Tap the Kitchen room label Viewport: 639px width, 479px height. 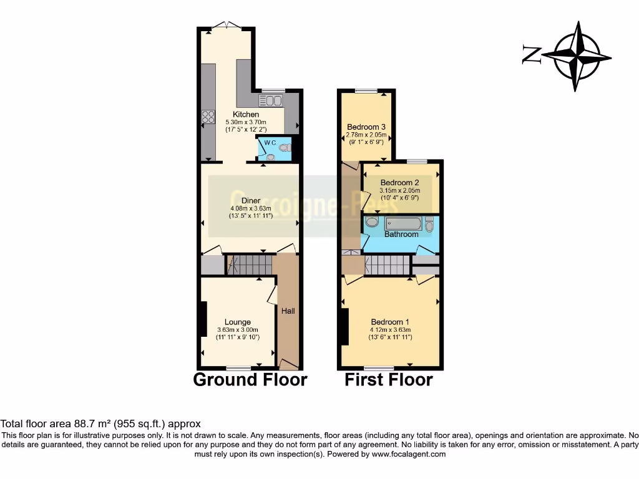click(246, 115)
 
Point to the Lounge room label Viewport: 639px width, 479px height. click(238, 322)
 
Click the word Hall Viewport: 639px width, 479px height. click(288, 311)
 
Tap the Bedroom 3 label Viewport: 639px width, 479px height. click(366, 127)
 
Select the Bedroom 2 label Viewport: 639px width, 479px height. click(400, 183)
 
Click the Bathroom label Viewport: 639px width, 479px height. click(401, 235)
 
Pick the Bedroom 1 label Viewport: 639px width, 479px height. click(391, 322)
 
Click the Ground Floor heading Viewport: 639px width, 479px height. click(250, 379)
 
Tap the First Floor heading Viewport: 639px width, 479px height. click(389, 379)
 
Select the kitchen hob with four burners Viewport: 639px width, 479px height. click(208, 116)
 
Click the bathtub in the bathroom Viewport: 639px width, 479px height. click(403, 223)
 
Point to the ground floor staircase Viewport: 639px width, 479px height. click(250, 264)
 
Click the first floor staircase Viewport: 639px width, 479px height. click(387, 266)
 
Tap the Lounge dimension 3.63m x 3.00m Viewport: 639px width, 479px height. click(238, 330)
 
